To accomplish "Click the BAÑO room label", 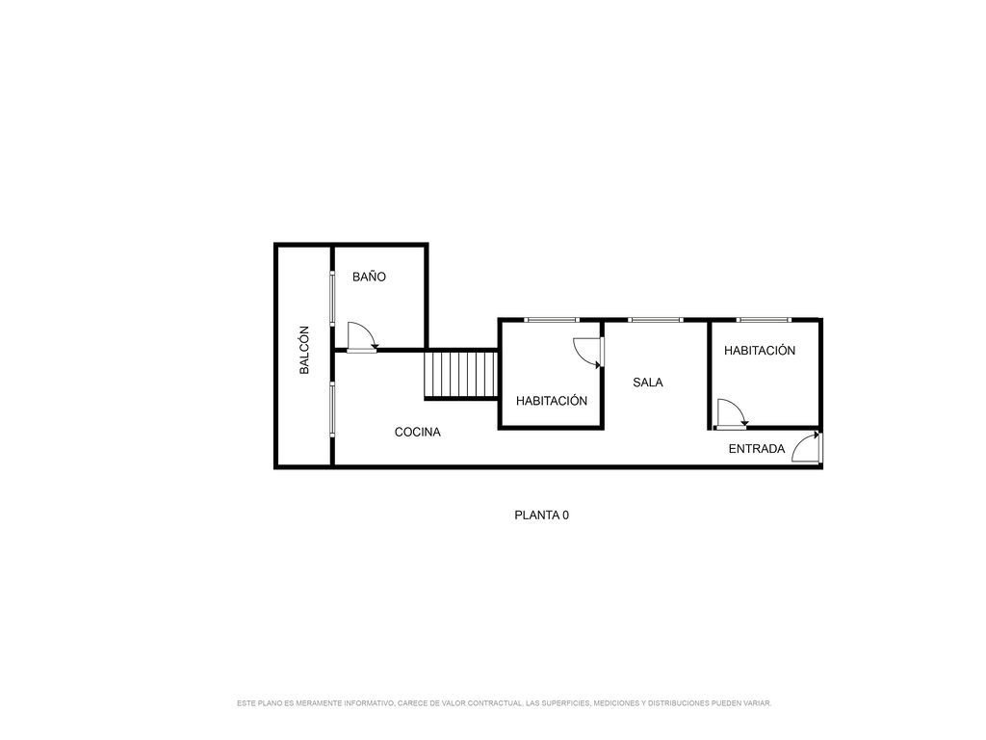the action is [x=369, y=277].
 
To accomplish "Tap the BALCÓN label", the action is [x=304, y=350].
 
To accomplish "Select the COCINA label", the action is [x=418, y=433].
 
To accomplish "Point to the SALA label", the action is [x=648, y=382].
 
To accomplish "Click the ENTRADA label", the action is [x=757, y=449].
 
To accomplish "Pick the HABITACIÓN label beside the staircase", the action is [x=552, y=401].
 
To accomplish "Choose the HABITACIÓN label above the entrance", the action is [x=760, y=351].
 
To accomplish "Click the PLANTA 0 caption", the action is [x=541, y=515].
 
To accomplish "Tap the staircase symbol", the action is [x=461, y=375].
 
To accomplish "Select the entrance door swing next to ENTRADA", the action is [x=806, y=447].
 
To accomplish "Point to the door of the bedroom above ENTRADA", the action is [x=732, y=414].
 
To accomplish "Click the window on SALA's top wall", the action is [x=655, y=320].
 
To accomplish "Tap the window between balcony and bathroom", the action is [x=332, y=299].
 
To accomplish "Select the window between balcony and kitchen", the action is [x=332, y=410].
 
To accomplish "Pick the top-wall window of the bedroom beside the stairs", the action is [x=552, y=320].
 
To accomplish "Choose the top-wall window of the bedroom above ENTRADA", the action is [x=764, y=320].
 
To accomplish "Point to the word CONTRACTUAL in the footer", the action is [x=494, y=702].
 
